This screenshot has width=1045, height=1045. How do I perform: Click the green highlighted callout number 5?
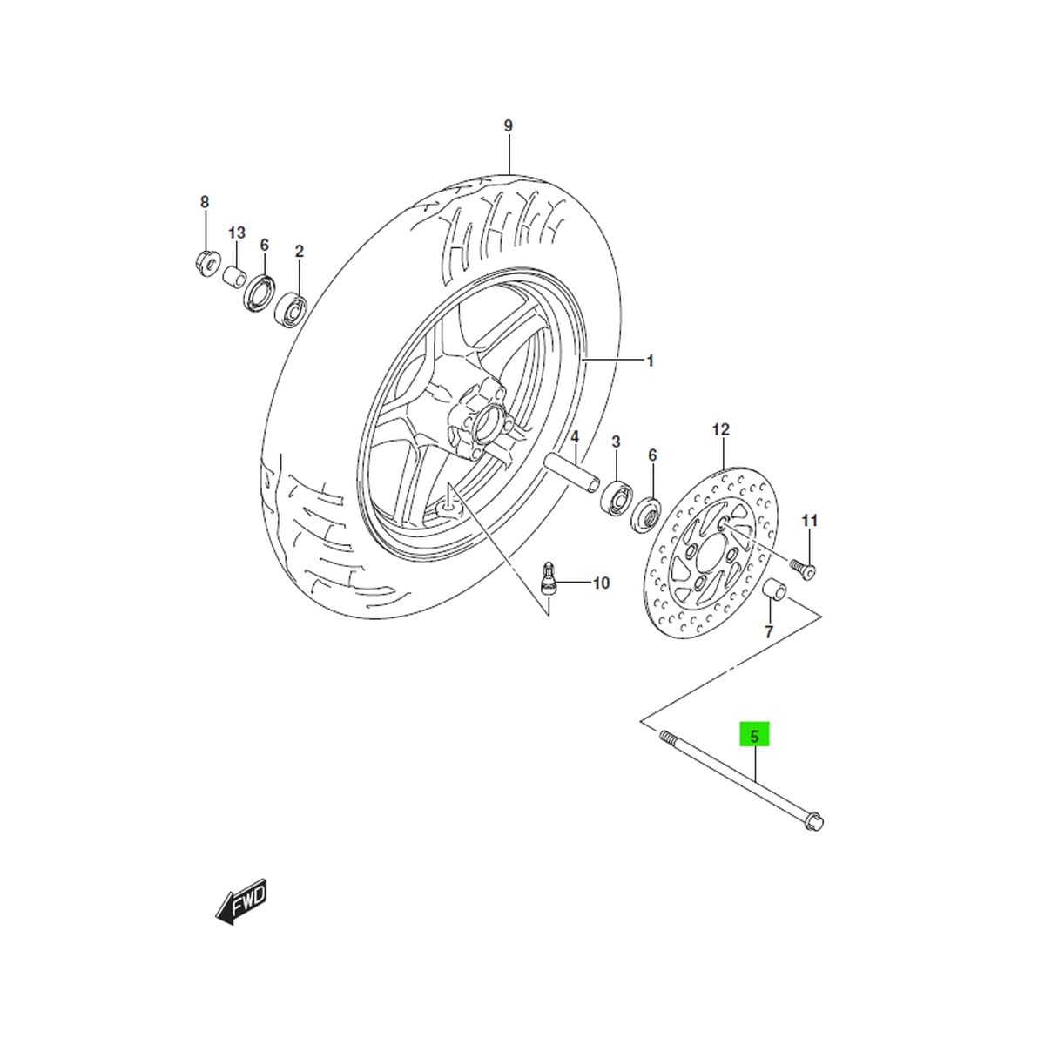pyautogui.click(x=754, y=736)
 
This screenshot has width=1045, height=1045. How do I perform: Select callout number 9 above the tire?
pyautogui.click(x=508, y=125)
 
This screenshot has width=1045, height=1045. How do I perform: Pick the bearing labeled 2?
pyautogui.click(x=291, y=310)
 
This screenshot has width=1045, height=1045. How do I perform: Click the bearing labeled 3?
pyautogui.click(x=617, y=495)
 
